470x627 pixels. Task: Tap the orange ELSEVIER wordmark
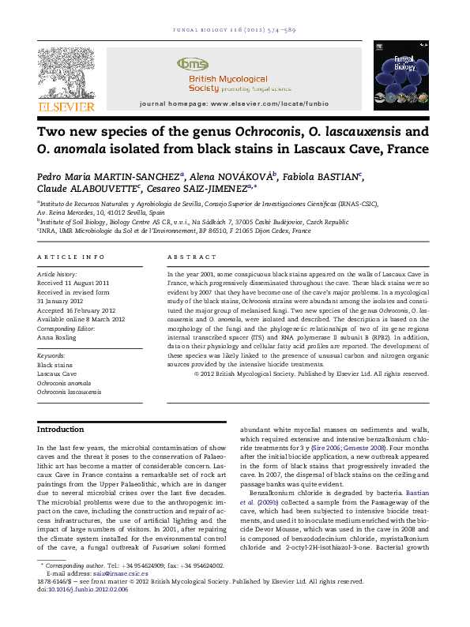(67, 107)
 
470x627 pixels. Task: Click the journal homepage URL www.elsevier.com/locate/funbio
(261, 104)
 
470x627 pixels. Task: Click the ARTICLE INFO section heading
(71, 257)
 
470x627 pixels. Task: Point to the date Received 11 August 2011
(73, 283)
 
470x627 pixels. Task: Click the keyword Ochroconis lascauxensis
(70, 392)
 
